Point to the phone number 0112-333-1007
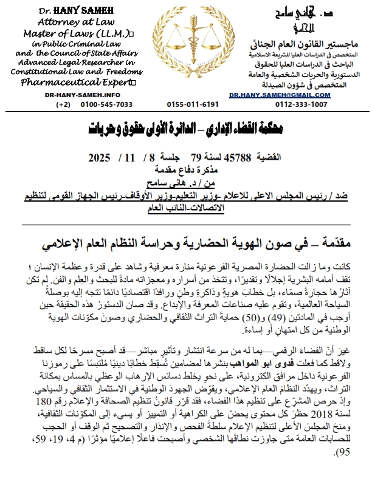[294, 104]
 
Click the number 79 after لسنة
[196, 157]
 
